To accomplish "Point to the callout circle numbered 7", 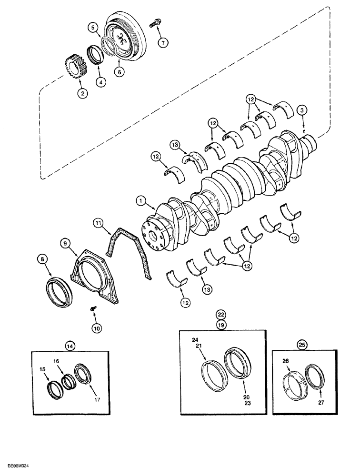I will coord(163,42).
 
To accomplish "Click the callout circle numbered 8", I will coord(42,260).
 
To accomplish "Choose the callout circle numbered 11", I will coord(98,222).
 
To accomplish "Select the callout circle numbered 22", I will coord(220,315).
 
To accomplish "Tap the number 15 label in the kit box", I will coord(43,369).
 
